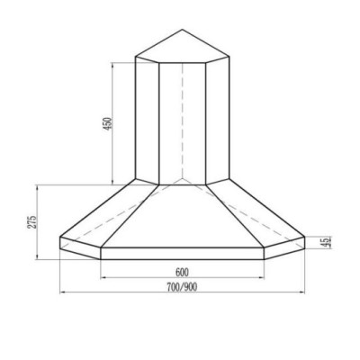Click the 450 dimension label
[107, 124]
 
